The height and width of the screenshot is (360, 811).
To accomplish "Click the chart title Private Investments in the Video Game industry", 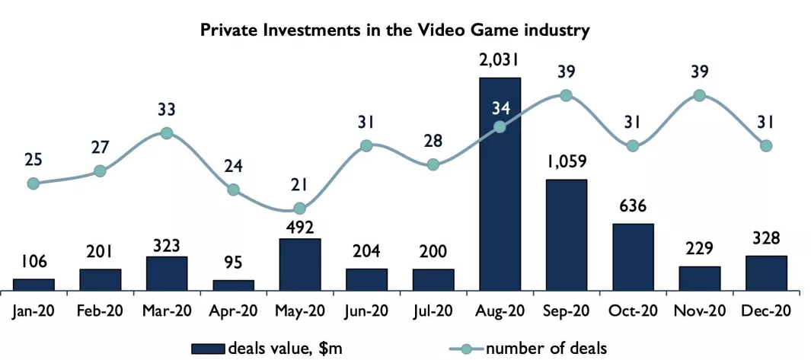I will [x=395, y=30].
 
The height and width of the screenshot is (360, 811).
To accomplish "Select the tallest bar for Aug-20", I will [x=500, y=183].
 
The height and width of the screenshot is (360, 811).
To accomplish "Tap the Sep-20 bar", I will [x=566, y=234].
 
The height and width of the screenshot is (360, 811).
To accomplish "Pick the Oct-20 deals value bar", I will [x=632, y=256].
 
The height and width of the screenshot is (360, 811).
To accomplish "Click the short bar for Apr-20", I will [x=233, y=285].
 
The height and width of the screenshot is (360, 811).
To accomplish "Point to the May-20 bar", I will [x=299, y=264].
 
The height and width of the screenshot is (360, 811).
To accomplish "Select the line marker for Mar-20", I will [x=167, y=133].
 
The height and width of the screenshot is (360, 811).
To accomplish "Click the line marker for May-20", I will [x=300, y=208].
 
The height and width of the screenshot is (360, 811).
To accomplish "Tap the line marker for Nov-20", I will [x=699, y=95].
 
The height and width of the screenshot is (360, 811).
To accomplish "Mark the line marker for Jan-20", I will [x=34, y=183].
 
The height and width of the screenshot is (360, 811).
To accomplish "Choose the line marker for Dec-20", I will [x=765, y=145].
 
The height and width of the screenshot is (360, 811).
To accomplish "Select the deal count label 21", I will [x=299, y=185].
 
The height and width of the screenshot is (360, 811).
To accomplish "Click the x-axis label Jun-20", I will [x=366, y=311].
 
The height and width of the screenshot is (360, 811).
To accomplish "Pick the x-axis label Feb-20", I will [x=100, y=311].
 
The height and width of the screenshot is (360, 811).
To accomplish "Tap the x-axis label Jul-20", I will [x=433, y=311].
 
